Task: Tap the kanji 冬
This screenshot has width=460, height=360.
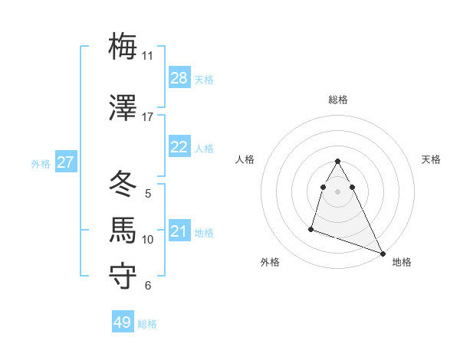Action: (x=123, y=183)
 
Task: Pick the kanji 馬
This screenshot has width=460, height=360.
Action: (x=123, y=229)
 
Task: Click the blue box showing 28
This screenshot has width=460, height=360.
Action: (x=179, y=78)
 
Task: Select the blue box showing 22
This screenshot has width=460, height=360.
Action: (x=179, y=147)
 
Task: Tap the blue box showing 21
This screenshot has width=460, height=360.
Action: (x=179, y=231)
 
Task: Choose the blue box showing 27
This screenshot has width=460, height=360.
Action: (x=66, y=162)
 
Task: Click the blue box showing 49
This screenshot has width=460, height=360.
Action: (x=123, y=322)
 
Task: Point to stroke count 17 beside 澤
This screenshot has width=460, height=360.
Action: (x=147, y=117)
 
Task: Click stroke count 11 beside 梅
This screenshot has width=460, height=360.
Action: (x=147, y=56)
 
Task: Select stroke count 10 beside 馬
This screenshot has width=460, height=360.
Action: (x=148, y=240)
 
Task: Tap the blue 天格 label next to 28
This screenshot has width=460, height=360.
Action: (x=204, y=80)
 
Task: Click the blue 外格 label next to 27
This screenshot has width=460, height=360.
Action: (x=41, y=164)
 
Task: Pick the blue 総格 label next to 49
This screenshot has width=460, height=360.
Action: (x=147, y=324)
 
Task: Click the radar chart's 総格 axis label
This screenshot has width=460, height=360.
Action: (x=338, y=100)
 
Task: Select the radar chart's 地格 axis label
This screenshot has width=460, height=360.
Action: (x=402, y=262)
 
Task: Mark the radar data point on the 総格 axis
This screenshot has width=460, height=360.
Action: (x=338, y=162)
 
